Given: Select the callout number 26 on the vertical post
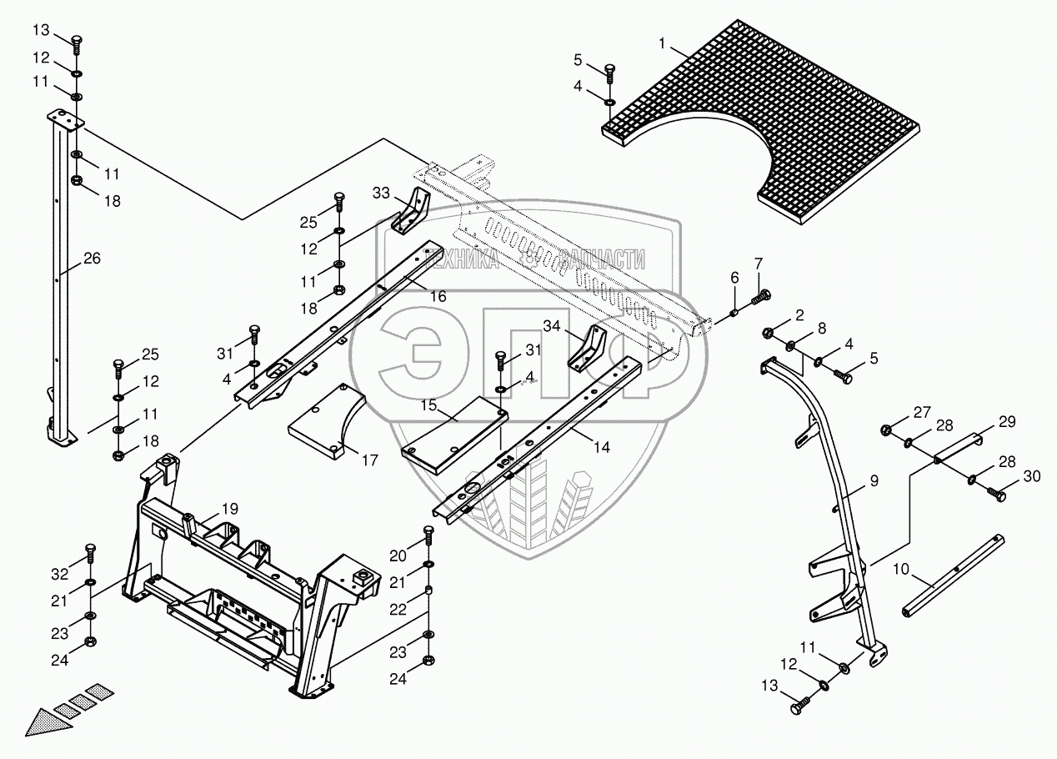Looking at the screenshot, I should click(92, 259).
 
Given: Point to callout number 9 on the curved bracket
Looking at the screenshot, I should click(874, 480).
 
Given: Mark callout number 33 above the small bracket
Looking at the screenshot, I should click(381, 194).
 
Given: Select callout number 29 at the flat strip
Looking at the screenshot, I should click(1008, 422).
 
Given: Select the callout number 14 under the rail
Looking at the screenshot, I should click(601, 448).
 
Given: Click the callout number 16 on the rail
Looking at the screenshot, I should click(438, 296).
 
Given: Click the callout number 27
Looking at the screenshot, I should click(920, 411).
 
